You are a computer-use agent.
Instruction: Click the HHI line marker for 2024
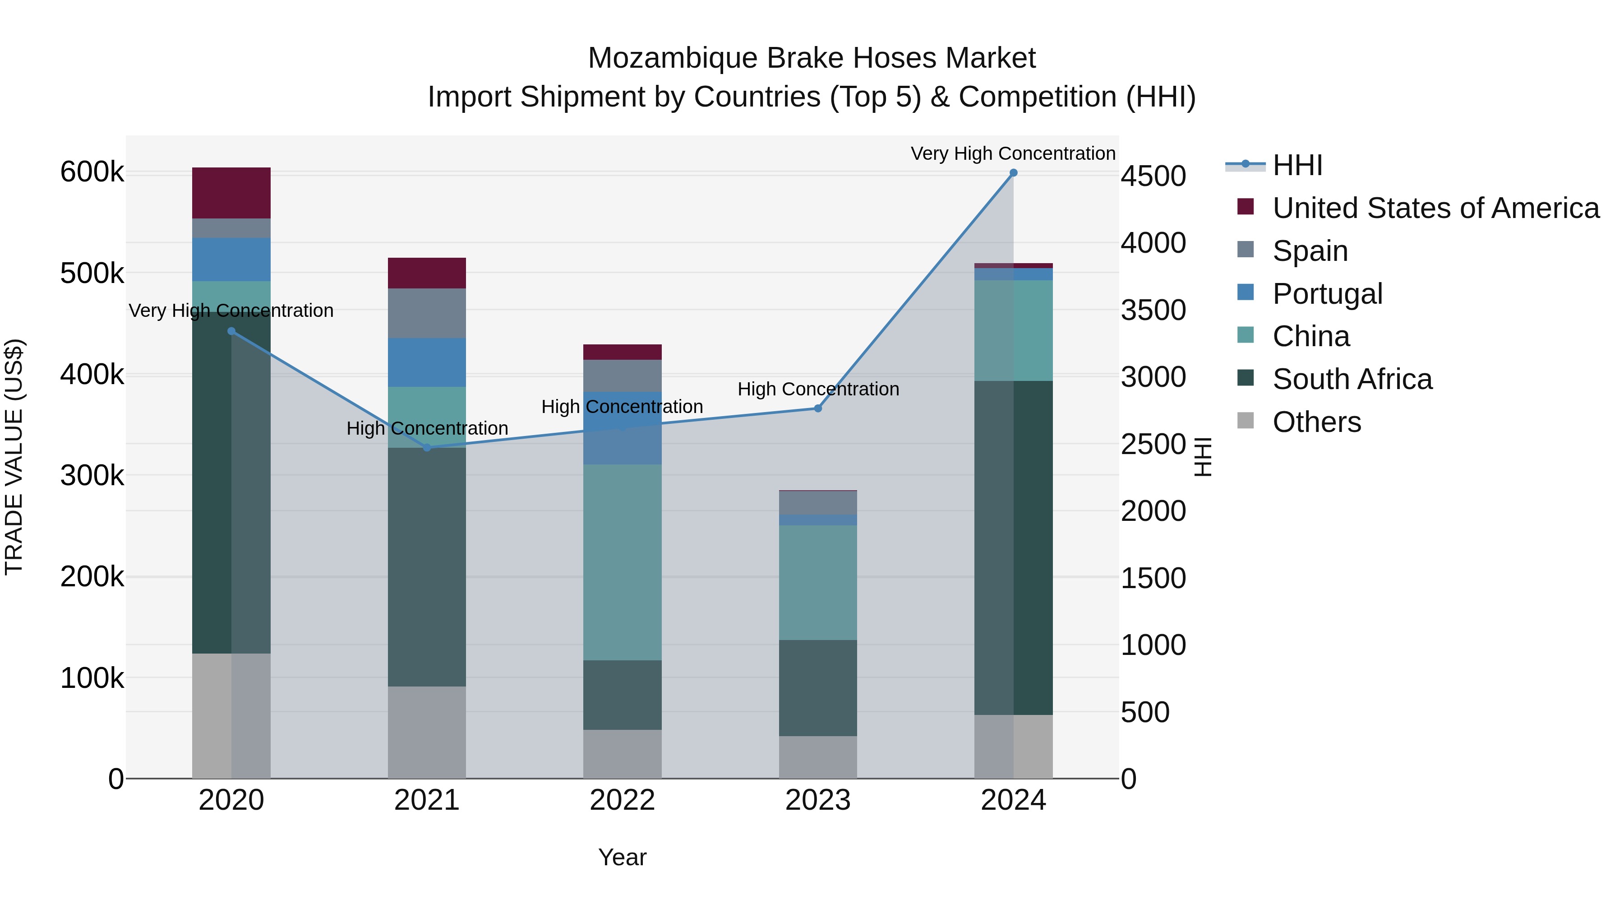pyautogui.click(x=1013, y=173)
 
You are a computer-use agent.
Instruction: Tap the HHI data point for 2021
pyautogui.click(x=427, y=448)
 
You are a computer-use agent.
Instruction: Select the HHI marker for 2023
pyautogui.click(x=818, y=409)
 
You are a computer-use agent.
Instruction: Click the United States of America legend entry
pyautogui.click(x=1435, y=208)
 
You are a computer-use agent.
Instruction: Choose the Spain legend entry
pyautogui.click(x=1310, y=251)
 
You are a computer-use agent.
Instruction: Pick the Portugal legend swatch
pyautogui.click(x=1246, y=292)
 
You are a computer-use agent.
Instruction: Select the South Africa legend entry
pyautogui.click(x=1352, y=379)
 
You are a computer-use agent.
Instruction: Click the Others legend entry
pyautogui.click(x=1316, y=422)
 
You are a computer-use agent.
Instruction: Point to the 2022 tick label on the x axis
pyautogui.click(x=622, y=800)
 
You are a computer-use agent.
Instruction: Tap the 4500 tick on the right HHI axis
pyautogui.click(x=1153, y=176)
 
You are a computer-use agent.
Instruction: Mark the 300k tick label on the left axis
pyautogui.click(x=92, y=476)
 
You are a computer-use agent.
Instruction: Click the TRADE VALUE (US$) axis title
pyautogui.click(x=14, y=457)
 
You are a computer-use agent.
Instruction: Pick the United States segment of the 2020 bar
pyautogui.click(x=231, y=193)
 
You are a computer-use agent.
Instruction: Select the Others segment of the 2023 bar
pyautogui.click(x=818, y=757)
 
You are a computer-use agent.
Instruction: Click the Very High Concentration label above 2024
pyautogui.click(x=1013, y=153)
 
